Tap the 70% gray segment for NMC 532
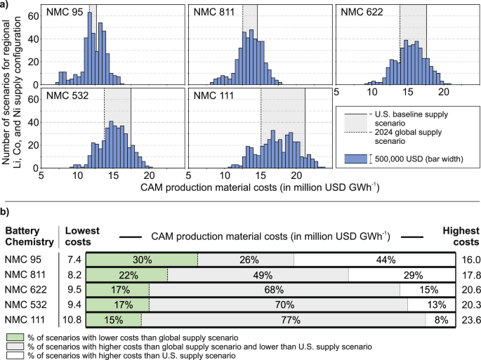pyautogui.click(x=278, y=304)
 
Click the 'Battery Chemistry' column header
pyautogui.click(x=29, y=236)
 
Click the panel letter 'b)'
pyautogui.click(x=6, y=211)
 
